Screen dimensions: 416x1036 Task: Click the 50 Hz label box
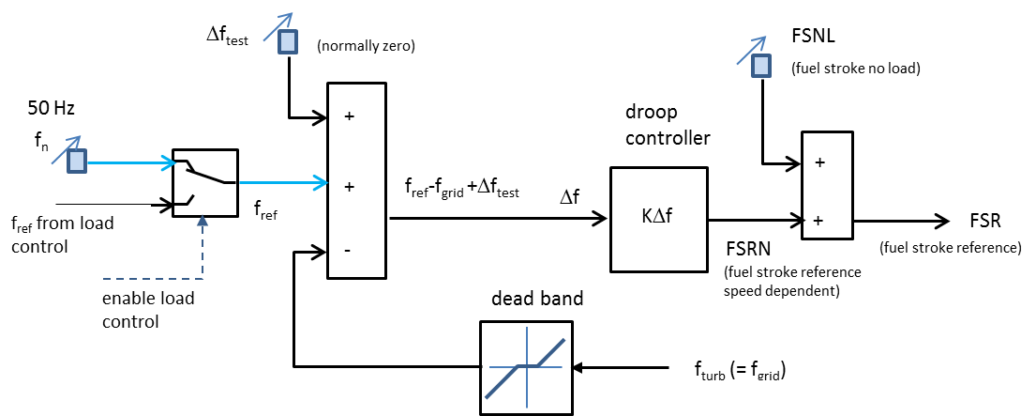pos(61,104)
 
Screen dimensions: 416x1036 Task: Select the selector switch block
pos(205,181)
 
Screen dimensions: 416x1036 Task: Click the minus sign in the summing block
pos(347,251)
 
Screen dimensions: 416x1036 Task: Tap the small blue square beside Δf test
pos(288,42)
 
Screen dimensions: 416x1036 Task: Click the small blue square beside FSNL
pos(761,65)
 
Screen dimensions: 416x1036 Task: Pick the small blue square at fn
pos(77,161)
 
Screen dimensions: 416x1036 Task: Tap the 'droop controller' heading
pos(668,125)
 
